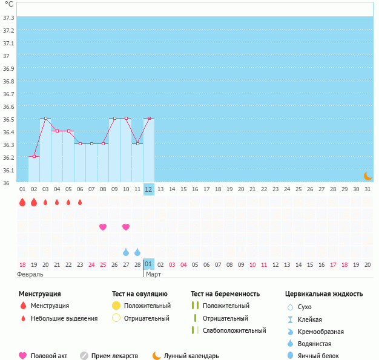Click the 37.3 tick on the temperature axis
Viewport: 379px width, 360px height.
[8, 18]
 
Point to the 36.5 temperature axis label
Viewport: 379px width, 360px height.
[8, 119]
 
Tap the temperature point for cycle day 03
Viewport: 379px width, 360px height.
[45, 119]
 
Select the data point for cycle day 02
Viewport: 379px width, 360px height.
[34, 156]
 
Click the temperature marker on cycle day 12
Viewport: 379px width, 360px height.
[149, 119]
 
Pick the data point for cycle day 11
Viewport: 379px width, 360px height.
[137, 143]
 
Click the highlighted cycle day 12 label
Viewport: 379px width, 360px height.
[149, 189]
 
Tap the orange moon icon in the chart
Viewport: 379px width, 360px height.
[367, 175]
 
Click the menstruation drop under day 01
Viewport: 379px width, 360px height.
[22, 202]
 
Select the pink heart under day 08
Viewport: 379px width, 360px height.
[103, 227]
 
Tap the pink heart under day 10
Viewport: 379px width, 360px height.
[126, 227]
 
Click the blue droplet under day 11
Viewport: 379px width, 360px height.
[137, 252]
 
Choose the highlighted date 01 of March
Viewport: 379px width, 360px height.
[149, 264]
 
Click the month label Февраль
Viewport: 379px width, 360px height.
[30, 274]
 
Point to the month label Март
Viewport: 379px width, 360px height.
[154, 274]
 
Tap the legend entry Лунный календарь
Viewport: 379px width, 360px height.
[192, 356]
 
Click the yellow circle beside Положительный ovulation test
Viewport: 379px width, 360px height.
[116, 306]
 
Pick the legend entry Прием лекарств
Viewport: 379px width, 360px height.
[114, 356]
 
